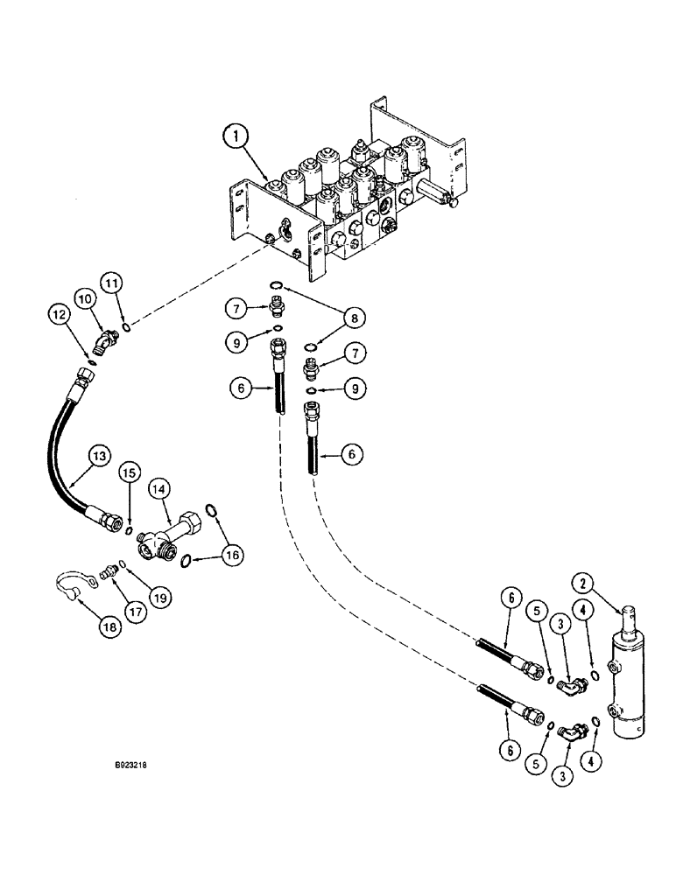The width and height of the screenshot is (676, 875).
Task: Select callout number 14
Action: tap(160, 486)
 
